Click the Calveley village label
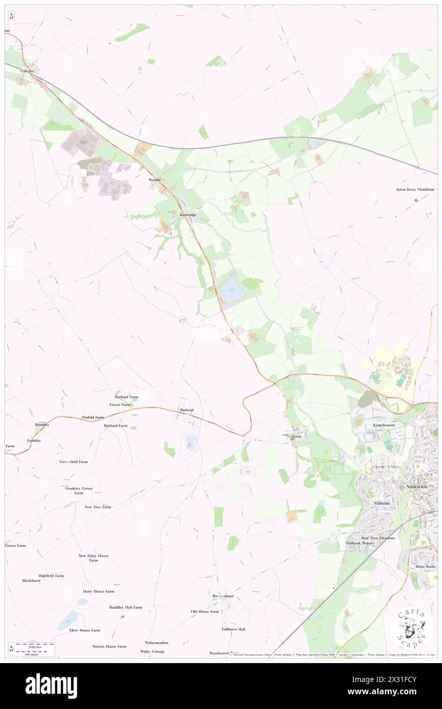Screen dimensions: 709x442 point(27,71)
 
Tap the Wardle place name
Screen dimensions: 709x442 point(154,180)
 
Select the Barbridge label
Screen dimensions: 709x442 point(188,215)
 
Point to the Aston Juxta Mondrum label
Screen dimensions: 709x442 point(415,189)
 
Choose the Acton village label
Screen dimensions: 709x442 point(296,437)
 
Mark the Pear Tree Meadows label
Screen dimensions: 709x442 point(378,538)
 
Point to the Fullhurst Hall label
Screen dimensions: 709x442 point(234,629)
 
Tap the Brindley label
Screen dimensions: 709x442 point(42,424)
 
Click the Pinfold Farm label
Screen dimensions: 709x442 point(93,417)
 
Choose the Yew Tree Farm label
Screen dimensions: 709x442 point(97,507)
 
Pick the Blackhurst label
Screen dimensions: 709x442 point(31,580)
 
